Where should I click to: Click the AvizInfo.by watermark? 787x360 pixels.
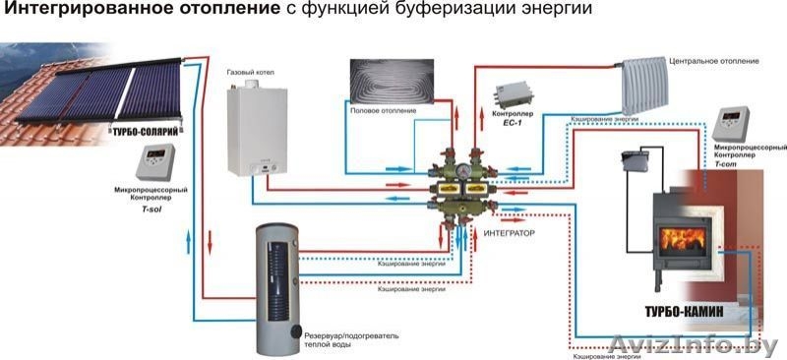pos(699,344)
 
